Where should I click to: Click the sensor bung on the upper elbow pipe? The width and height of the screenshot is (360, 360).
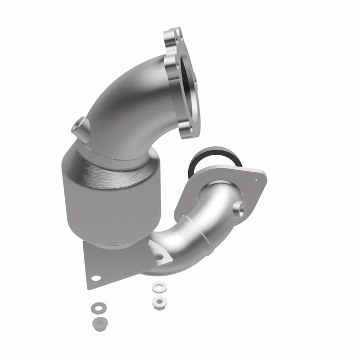pyautogui.click(x=82, y=128)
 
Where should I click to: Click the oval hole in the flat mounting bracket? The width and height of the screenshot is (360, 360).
pyautogui.click(x=96, y=278)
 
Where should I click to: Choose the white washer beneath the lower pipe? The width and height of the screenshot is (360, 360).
pyautogui.click(x=158, y=286)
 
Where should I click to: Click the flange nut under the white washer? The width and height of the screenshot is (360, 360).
pyautogui.click(x=158, y=302)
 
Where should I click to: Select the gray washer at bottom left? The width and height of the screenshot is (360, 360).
pyautogui.click(x=97, y=308)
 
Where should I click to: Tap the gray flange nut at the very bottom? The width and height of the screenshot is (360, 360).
pyautogui.click(x=98, y=323)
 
